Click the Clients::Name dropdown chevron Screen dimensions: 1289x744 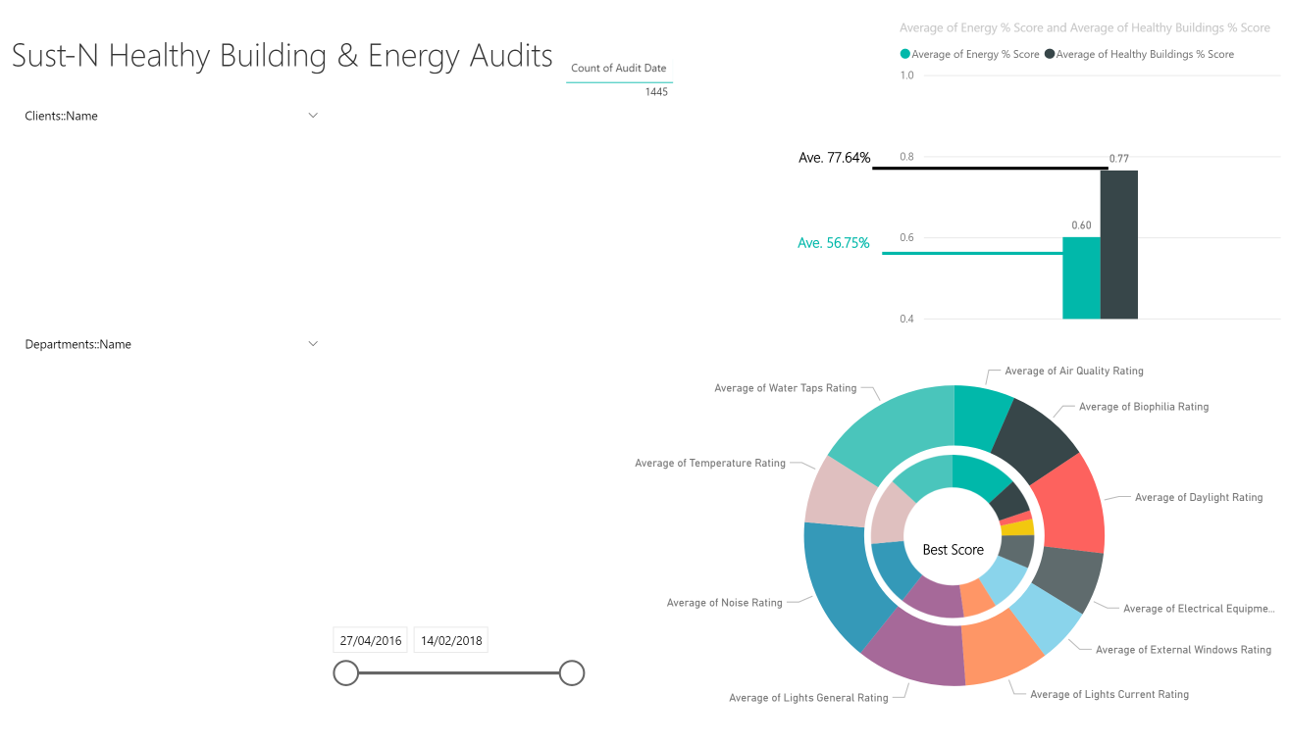coord(313,115)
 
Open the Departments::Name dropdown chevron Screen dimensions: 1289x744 coord(313,343)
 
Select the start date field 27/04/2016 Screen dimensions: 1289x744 coord(370,640)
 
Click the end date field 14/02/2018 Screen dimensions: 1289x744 coord(451,640)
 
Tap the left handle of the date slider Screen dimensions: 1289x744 coord(346,672)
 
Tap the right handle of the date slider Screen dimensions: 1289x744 coord(572,672)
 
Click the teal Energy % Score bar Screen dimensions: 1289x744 coord(1081,277)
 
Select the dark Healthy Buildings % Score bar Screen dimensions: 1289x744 coord(1119,244)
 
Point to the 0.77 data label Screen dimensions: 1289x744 coord(1119,158)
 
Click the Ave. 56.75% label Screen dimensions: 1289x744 coord(833,243)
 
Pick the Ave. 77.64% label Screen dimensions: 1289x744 coord(835,158)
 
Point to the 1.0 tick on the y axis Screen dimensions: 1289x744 coord(906,75)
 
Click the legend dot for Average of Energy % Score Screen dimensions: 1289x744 coord(905,54)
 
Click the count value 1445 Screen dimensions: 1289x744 coord(656,92)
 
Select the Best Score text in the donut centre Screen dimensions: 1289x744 coord(953,550)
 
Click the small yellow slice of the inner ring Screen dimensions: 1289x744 coord(1017,527)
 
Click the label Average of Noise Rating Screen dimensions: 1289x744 coord(725,603)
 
